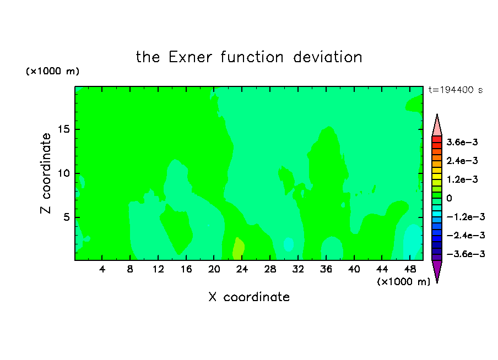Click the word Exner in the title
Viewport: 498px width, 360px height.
pyautogui.click(x=190, y=57)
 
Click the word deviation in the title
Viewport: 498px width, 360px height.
pyautogui.click(x=328, y=57)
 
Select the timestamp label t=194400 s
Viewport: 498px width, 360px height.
pyautogui.click(x=456, y=90)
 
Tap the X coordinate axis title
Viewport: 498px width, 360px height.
pyautogui.click(x=249, y=297)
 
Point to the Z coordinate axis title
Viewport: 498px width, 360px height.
pyautogui.click(x=46, y=173)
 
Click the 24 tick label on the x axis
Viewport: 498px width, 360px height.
pyautogui.click(x=242, y=269)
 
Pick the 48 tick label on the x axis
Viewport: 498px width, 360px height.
pyautogui.click(x=410, y=269)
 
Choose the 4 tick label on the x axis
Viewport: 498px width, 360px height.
pyautogui.click(x=102, y=269)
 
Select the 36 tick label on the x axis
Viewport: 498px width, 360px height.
pyautogui.click(x=326, y=269)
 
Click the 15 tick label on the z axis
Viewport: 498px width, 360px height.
pyautogui.click(x=64, y=129)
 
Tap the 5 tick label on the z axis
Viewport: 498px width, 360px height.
pyautogui.click(x=66, y=217)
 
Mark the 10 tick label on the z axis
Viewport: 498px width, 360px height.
pyautogui.click(x=64, y=173)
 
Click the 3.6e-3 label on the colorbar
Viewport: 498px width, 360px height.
pyautogui.click(x=462, y=142)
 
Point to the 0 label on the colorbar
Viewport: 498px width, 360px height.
pyautogui.click(x=449, y=198)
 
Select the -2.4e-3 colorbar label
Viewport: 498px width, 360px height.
pyautogui.click(x=465, y=235)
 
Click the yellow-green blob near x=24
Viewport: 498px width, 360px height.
pyautogui.click(x=239, y=249)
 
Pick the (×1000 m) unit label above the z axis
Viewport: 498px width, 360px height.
pyautogui.click(x=52, y=71)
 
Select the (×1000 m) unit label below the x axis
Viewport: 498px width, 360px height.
pyautogui.click(x=403, y=281)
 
